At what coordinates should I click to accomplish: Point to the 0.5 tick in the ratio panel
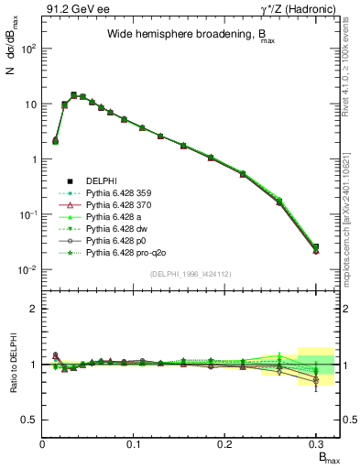pyautogui.click(x=29, y=420)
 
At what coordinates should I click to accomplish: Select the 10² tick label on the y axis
pyautogui.click(x=27, y=49)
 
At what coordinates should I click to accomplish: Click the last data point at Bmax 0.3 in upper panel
pyautogui.click(x=315, y=248)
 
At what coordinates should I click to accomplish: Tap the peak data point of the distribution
pyautogui.click(x=73, y=94)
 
